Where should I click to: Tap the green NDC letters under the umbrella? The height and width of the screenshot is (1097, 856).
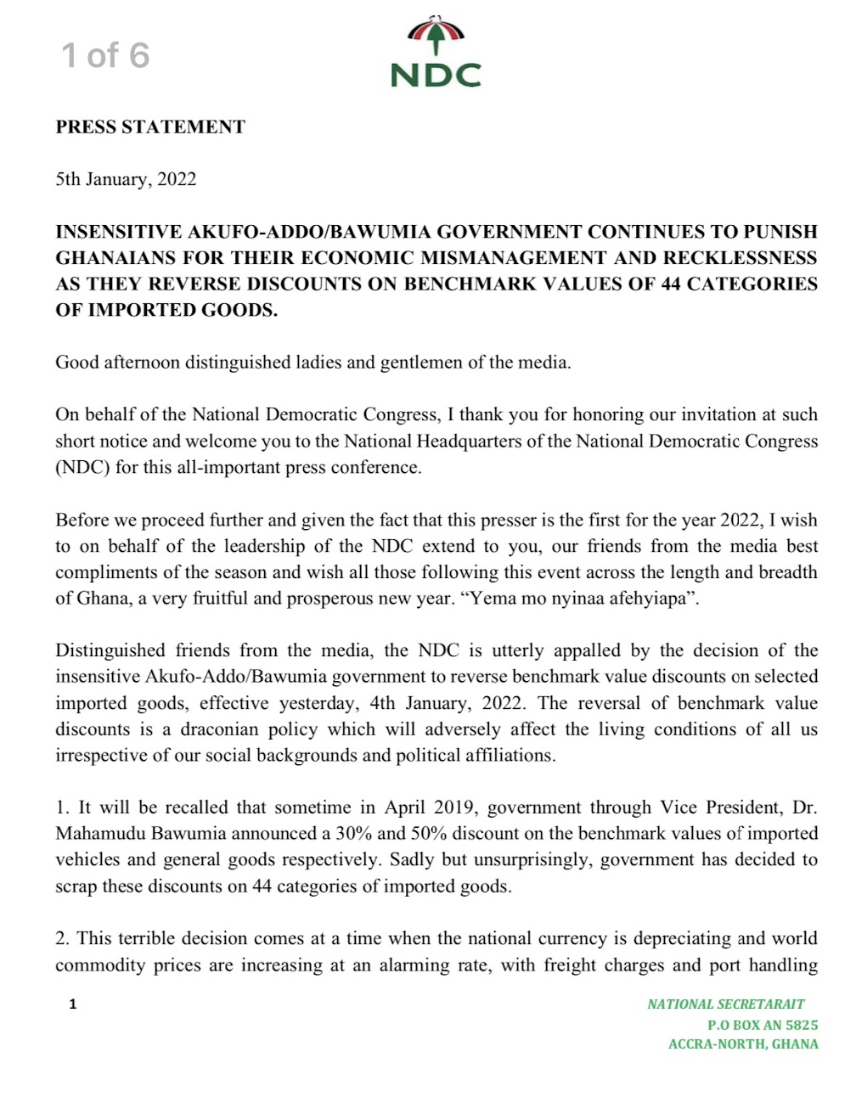coord(436,75)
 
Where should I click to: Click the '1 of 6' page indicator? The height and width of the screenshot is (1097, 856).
coord(105,55)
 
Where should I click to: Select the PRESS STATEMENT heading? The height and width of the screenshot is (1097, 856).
coord(150,127)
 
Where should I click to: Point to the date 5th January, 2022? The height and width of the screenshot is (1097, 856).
coord(126,179)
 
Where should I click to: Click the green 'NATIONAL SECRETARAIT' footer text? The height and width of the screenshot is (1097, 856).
coord(726,1004)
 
